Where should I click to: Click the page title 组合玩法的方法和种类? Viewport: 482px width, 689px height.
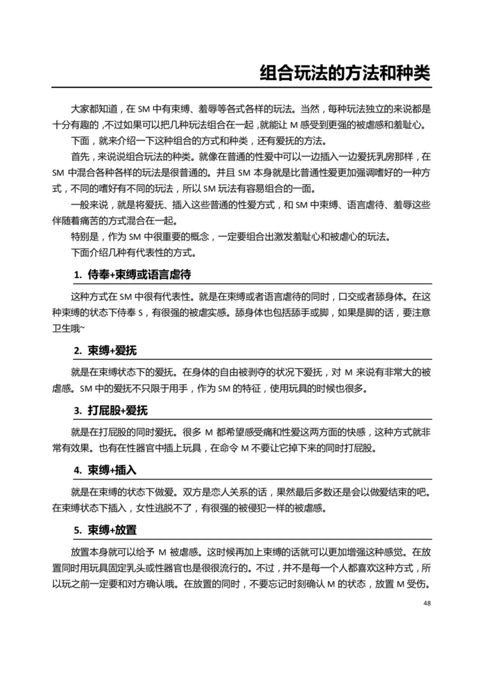coord(345,73)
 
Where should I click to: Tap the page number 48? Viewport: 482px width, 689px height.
coord(427,603)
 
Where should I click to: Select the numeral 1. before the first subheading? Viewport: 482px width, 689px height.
coord(78,275)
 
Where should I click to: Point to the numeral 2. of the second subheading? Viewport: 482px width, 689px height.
coord(78,351)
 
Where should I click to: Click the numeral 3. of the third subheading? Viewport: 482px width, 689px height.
coord(78,411)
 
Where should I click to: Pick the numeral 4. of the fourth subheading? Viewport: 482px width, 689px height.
coord(78,470)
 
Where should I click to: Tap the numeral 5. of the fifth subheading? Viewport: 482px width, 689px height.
coord(78,530)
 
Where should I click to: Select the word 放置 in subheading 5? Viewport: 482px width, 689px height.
coord(126,530)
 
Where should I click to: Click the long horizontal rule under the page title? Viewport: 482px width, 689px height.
coord(241,87)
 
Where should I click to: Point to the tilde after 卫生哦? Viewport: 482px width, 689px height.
coord(82,329)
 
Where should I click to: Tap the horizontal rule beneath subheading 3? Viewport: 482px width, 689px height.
coord(252,419)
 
